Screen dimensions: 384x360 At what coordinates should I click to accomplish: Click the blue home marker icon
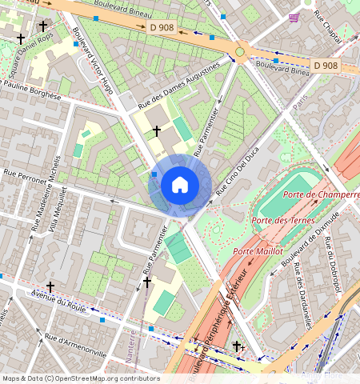coord(180,186)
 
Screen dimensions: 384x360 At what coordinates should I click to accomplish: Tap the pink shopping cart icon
coord(294,17)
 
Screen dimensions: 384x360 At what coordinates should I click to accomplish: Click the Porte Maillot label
coord(258,251)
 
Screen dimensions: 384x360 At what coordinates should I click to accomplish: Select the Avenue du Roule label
coord(59,299)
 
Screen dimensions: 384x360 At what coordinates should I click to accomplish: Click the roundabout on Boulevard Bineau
coord(239,52)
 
